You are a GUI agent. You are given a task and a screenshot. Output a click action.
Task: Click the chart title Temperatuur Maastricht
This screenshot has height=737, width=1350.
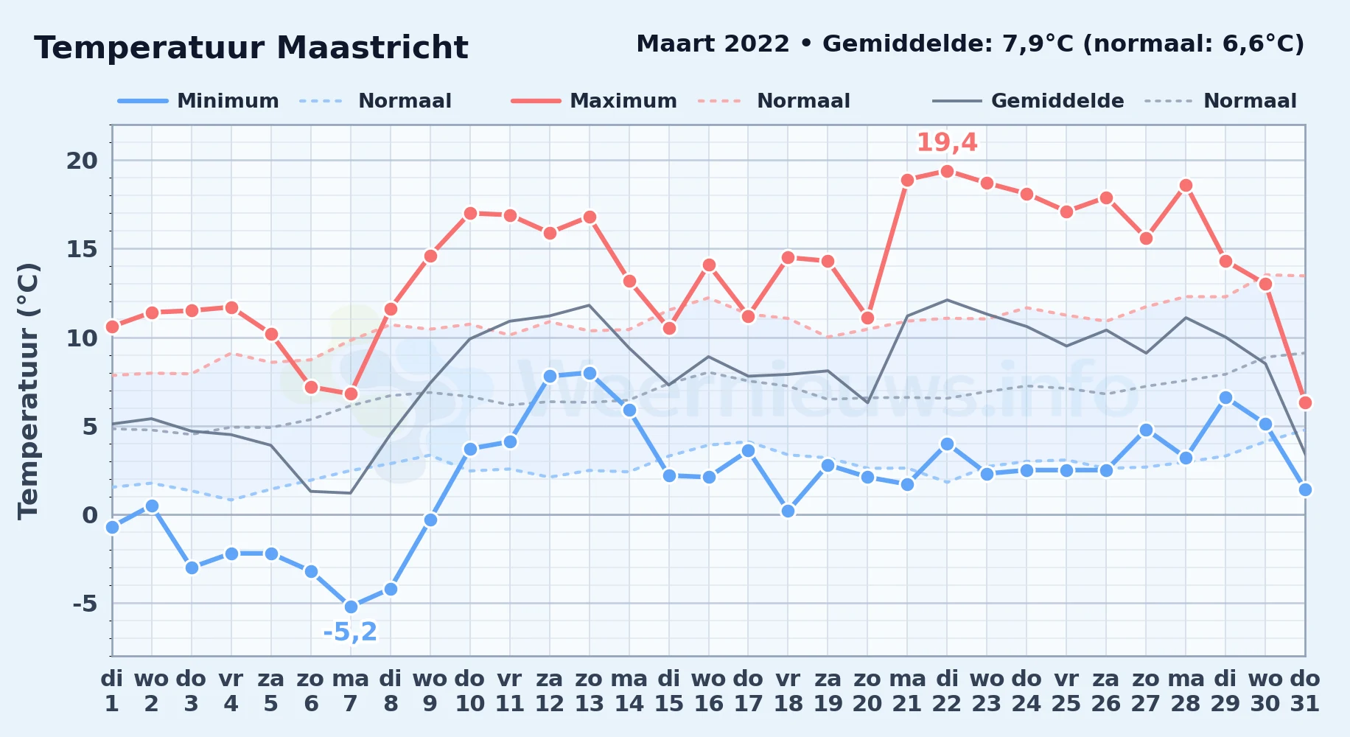[251, 48]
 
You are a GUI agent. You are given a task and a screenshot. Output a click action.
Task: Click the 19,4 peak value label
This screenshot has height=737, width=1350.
[947, 142]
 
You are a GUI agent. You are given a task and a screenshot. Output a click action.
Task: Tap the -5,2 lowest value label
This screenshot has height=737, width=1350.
[350, 632]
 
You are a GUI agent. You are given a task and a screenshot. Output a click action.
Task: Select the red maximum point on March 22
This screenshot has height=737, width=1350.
[947, 172]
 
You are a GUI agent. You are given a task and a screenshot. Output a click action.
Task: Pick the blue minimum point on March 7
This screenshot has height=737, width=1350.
[351, 607]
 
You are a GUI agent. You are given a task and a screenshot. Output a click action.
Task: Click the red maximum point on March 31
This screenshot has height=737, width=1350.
[1305, 402]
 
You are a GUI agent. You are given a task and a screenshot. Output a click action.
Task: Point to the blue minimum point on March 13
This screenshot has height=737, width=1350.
[590, 374]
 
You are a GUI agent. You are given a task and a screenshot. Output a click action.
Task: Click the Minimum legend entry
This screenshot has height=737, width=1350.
[198, 101]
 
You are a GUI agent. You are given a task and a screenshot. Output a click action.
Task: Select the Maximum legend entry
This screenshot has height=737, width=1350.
[594, 101]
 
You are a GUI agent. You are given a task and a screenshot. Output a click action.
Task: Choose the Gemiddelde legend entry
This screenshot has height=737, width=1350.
[1028, 101]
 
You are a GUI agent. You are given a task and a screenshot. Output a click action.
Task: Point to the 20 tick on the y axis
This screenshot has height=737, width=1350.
[82, 161]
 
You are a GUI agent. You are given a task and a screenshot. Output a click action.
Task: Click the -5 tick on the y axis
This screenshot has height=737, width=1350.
[85, 604]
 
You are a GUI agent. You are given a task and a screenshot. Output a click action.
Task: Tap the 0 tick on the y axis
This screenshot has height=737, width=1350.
[90, 515]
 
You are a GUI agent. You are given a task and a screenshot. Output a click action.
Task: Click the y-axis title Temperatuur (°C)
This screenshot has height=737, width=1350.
[28, 391]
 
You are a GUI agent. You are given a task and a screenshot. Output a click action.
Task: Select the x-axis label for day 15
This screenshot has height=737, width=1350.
[669, 691]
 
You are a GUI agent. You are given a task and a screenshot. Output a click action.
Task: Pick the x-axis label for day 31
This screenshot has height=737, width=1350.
[1305, 691]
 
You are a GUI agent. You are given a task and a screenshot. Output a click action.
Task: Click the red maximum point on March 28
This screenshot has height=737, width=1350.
[1186, 186]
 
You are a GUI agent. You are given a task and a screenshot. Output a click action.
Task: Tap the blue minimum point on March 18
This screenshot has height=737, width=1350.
[788, 511]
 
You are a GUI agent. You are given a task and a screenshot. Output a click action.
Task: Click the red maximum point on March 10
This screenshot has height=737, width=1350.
[470, 214]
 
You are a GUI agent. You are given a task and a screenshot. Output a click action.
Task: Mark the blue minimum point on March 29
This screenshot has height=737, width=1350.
[1225, 398]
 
